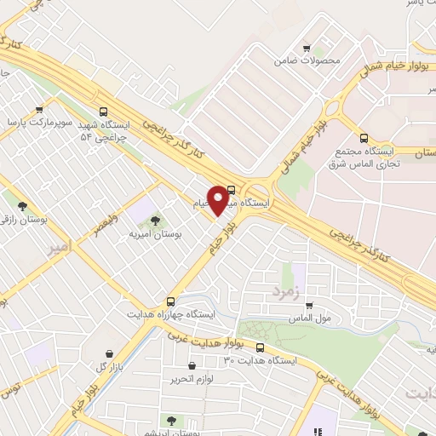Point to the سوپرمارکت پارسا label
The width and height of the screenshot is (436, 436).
click(x=40, y=123)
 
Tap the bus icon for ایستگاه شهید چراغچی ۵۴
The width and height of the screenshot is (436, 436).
click(x=104, y=111)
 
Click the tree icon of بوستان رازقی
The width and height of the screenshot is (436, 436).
click(x=22, y=206)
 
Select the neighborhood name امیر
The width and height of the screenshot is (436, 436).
click(x=58, y=249)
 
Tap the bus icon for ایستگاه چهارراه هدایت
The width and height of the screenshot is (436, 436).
click(x=171, y=301)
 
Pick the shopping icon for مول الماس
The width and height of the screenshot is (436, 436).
click(x=309, y=306)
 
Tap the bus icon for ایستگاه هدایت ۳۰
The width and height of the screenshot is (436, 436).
click(x=260, y=347)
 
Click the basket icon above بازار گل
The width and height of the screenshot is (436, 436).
click(x=110, y=353)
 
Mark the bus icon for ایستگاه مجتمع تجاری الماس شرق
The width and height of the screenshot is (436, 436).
click(x=364, y=137)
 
